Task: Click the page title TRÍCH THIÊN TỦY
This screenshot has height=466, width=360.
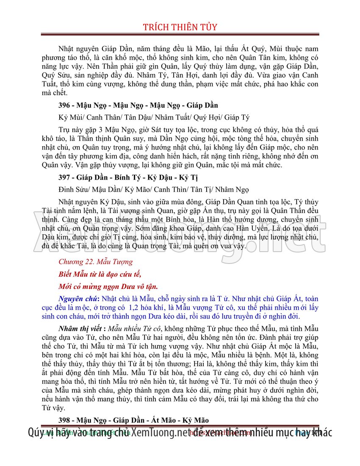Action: click(x=180, y=27)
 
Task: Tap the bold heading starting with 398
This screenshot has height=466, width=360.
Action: click(x=133, y=420)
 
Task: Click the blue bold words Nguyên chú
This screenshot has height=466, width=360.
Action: click(x=75, y=298)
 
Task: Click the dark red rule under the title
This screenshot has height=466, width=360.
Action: click(x=180, y=34)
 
